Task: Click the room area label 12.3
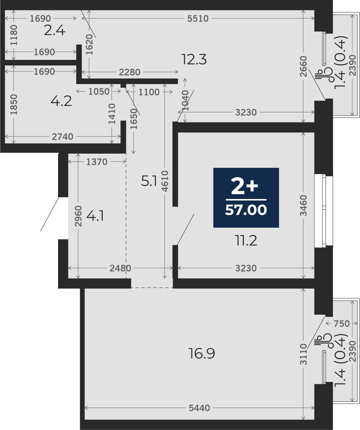coord(194,60)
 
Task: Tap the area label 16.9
coord(202,353)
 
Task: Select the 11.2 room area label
coord(246,241)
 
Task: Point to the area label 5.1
coord(149,181)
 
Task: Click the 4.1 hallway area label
coord(95,216)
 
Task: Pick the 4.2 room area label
coord(61,101)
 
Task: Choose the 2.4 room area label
coord(55,31)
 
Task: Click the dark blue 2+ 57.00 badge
coord(246,198)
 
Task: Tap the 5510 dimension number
coord(198,19)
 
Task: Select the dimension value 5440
coord(200,408)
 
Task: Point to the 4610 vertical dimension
coord(165,181)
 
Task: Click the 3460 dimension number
coord(303,205)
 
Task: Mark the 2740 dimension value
coord(63,137)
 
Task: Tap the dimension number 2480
coord(121,268)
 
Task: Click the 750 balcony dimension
coord(342,324)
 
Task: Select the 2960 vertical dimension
coord(79,216)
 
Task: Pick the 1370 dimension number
coord(97,162)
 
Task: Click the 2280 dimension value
coord(130,73)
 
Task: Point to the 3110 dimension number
coord(303,354)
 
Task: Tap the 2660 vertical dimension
coord(303,66)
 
